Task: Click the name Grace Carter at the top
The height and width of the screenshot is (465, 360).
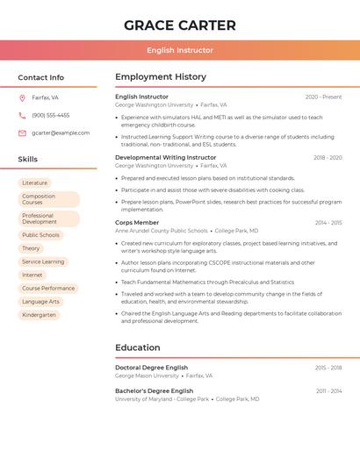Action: [180, 25]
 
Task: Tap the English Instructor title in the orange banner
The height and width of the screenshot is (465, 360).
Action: [180, 51]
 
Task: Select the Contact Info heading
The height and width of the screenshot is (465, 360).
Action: [41, 77]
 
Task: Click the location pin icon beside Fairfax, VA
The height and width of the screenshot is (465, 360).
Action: [22, 98]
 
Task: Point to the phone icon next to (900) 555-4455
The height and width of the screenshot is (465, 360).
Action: [22, 115]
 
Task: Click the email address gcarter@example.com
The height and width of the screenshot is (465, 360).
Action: [61, 132]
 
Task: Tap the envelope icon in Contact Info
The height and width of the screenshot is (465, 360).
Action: [22, 132]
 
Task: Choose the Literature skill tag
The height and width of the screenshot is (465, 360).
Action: [35, 183]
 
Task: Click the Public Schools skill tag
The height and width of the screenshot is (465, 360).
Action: [40, 235]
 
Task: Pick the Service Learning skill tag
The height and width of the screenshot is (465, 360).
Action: [43, 261]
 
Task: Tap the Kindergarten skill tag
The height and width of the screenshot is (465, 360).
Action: [39, 314]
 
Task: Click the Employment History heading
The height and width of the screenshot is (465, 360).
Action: [161, 77]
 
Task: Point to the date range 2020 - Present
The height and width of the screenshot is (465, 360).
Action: [323, 97]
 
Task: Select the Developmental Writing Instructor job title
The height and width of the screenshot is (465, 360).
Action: [166, 158]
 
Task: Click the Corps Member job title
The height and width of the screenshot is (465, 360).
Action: [137, 223]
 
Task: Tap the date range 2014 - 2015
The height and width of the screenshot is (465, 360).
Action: [328, 223]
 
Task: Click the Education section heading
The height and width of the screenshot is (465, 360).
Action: [138, 347]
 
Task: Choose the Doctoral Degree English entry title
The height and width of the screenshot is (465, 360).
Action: [152, 368]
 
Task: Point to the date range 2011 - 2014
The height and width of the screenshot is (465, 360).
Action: [329, 390]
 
